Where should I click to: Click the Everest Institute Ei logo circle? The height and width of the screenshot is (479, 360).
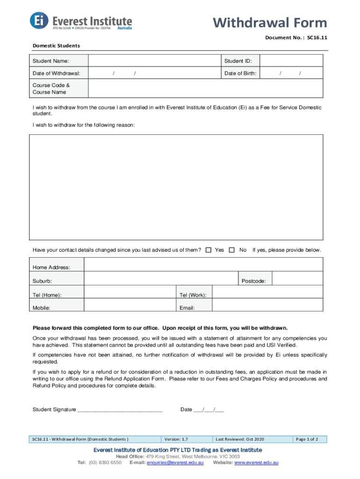coord(39,20)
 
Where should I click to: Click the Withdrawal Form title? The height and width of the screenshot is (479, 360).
coord(270,22)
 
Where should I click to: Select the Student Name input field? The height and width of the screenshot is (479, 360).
coord(154,61)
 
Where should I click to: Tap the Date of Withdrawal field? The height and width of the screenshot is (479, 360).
coord(154,73)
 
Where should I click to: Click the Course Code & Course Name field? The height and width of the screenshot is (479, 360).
coord(205,89)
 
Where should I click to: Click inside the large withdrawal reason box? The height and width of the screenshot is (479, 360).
coord(176,187)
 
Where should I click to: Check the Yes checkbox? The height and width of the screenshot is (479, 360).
coord(209,250)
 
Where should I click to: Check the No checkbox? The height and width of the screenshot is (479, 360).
coord(232,250)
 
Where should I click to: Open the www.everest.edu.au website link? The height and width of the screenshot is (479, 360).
coord(256,463)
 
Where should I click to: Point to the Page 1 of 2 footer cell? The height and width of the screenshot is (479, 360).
coord(307,439)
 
